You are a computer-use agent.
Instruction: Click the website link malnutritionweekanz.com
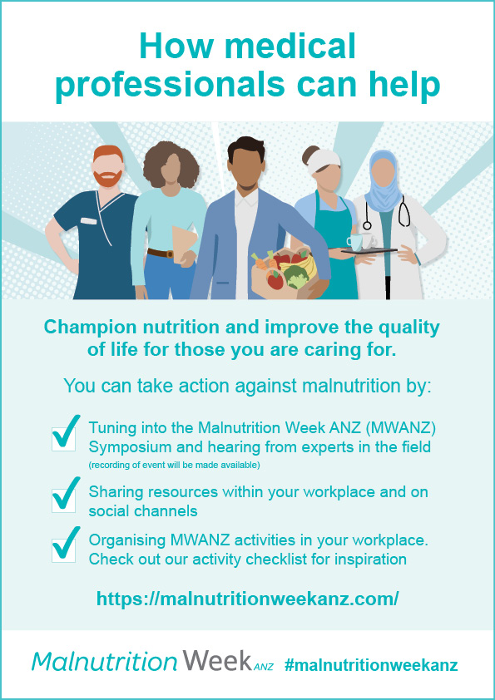coord(247,599)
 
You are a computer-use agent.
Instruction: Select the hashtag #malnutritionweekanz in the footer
coord(371,665)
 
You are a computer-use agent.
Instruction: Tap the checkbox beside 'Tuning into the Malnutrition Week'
coord(64,437)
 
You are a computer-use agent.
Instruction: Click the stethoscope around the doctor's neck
coord(403,212)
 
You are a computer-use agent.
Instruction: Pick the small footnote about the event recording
coord(174,464)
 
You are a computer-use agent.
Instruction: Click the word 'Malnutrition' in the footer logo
coord(105,663)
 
